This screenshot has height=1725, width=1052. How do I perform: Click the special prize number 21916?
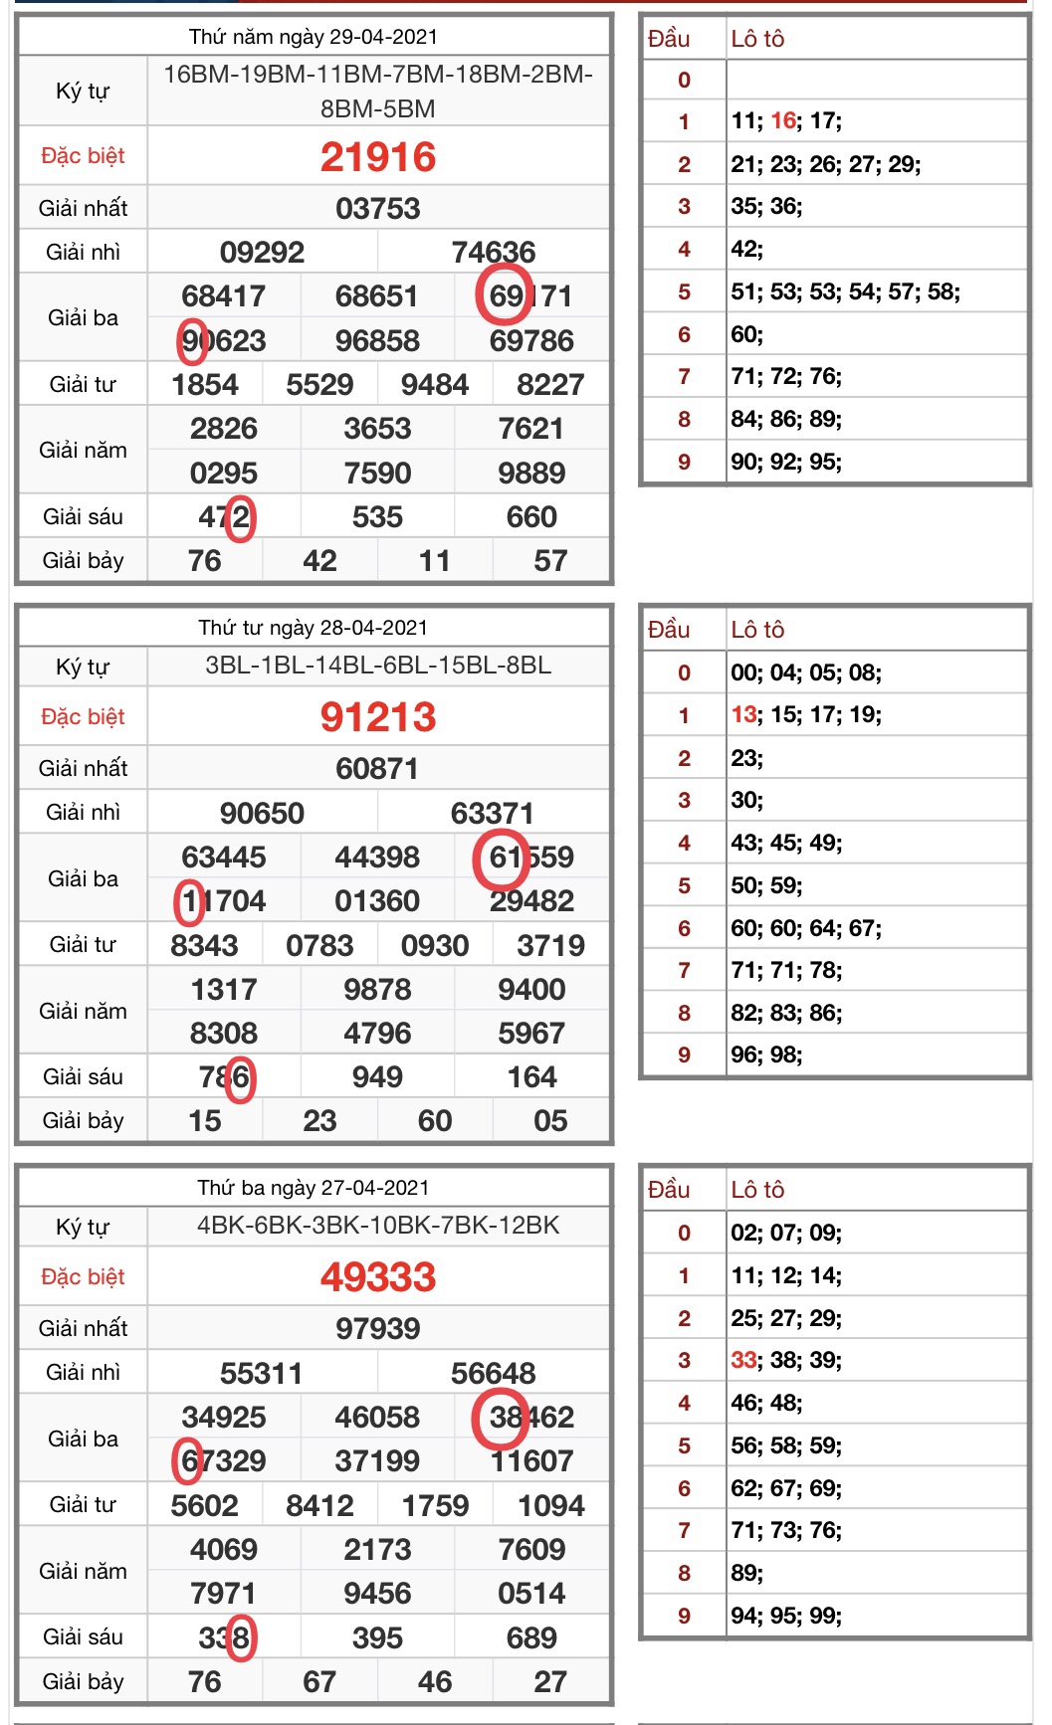point(378,157)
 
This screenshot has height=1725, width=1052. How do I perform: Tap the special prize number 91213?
point(378,717)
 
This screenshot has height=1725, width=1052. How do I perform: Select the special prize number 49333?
point(378,1277)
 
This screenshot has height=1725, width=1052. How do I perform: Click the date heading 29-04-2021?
point(314,37)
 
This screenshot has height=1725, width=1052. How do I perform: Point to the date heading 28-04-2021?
point(314,628)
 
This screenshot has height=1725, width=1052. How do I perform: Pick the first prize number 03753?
point(378,209)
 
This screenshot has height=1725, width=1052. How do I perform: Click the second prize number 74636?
point(494,253)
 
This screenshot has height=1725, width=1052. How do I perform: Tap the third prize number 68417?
point(224,296)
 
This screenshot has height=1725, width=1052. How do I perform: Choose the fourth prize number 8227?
point(550,385)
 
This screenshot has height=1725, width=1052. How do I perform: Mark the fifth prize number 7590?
point(378,474)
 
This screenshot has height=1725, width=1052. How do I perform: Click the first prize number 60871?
point(378,769)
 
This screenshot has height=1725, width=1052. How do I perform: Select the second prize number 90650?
point(263,814)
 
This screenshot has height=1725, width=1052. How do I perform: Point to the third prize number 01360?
point(378,901)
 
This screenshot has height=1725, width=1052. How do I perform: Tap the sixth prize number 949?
point(378,1077)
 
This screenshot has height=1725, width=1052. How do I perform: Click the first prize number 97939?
point(378,1329)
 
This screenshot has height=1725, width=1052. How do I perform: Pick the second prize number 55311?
point(263,1374)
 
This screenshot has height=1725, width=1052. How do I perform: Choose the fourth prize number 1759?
point(435,1506)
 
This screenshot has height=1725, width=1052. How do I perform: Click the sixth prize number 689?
point(531,1638)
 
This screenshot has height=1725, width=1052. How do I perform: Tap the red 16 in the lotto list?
point(783,121)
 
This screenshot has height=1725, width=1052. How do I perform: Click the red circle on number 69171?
point(504,295)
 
